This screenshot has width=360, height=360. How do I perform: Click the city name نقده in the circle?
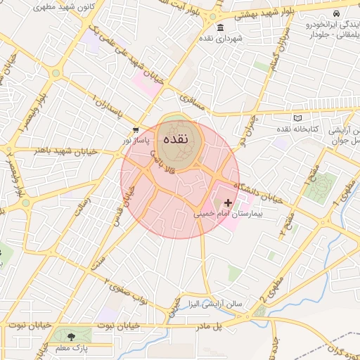(175, 139)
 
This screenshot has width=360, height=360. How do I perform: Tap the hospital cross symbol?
(227, 202)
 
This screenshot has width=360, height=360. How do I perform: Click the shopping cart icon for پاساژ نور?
(135, 130)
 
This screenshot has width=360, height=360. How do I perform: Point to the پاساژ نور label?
(137, 141)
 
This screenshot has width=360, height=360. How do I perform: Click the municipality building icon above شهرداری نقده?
(221, 27)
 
